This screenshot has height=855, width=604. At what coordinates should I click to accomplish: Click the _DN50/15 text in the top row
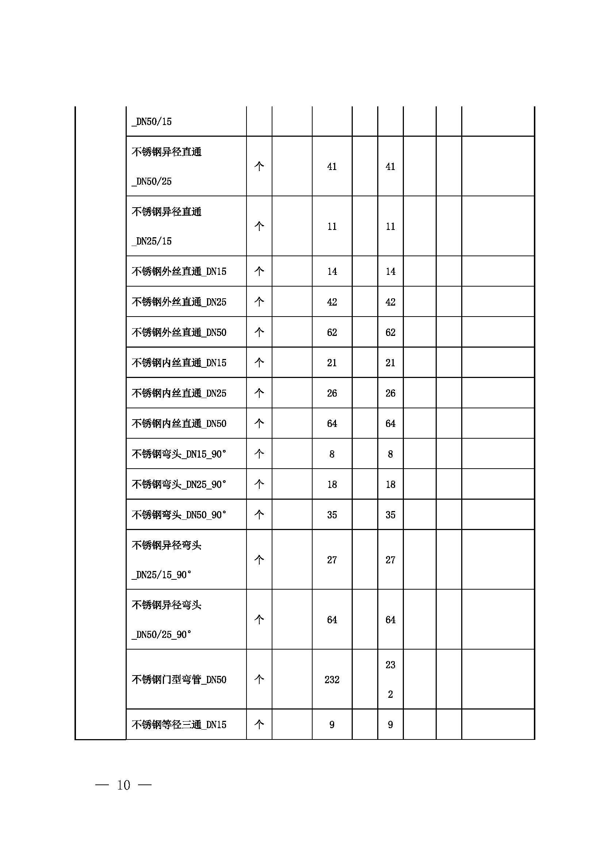(x=152, y=122)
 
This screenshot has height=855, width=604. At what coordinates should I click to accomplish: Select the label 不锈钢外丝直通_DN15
(x=179, y=272)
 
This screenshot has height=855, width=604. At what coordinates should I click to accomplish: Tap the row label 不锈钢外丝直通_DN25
(x=179, y=302)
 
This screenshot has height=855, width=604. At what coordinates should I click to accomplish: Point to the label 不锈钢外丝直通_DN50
(x=179, y=333)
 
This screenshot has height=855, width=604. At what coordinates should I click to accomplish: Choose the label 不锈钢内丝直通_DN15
(x=179, y=363)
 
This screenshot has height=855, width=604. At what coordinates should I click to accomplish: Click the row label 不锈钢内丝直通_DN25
(x=179, y=393)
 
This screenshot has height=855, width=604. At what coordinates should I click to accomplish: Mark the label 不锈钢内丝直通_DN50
(x=179, y=424)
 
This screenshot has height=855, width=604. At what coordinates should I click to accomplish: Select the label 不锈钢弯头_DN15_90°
(x=179, y=454)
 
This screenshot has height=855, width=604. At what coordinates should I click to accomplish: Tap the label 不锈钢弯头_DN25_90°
(x=179, y=484)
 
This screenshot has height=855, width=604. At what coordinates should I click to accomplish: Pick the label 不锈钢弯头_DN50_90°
(x=179, y=515)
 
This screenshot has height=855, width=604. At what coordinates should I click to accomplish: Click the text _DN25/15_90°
(x=161, y=575)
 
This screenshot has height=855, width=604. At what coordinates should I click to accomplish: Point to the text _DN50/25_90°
(x=161, y=635)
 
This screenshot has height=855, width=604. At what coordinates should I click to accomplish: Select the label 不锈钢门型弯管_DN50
(x=179, y=680)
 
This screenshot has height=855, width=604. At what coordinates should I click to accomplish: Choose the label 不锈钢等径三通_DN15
(x=179, y=725)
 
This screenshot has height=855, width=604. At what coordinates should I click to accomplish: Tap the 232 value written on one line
(x=332, y=680)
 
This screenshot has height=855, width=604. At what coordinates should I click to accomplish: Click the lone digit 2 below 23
(x=390, y=695)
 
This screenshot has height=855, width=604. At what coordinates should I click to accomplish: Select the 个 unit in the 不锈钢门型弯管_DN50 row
(x=259, y=680)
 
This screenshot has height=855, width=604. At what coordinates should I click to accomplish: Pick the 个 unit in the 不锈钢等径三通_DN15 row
(x=259, y=724)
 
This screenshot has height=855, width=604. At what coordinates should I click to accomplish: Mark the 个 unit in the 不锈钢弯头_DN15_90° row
(x=259, y=454)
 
